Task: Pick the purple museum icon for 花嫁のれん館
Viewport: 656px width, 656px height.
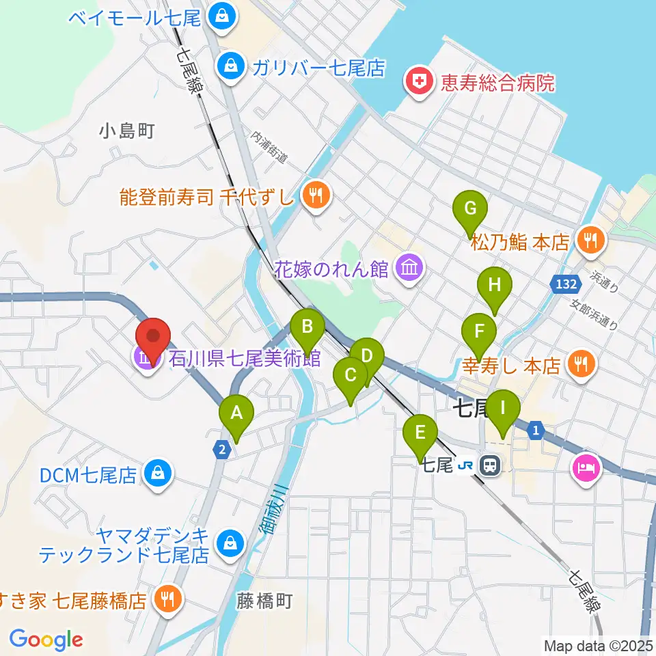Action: [408, 266]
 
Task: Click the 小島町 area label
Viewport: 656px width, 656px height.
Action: [127, 130]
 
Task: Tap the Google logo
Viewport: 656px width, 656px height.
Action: [46, 639]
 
